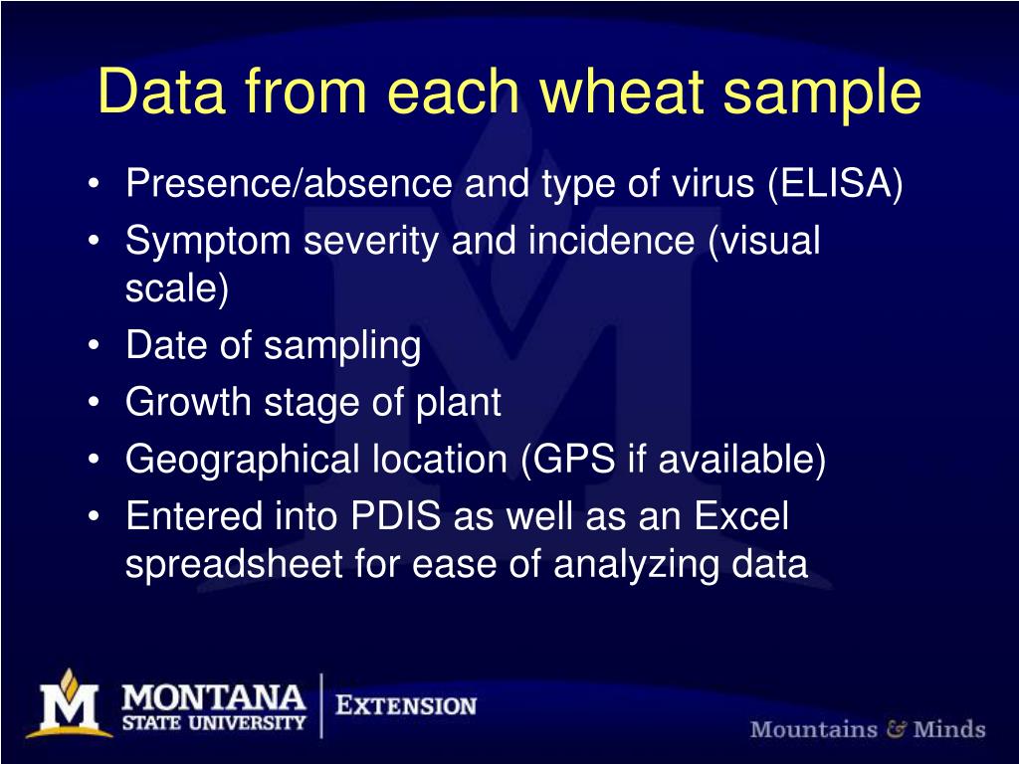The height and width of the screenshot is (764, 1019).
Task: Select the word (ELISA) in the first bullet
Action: pyautogui.click(x=834, y=184)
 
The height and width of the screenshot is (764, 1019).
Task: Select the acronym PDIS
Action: pyautogui.click(x=397, y=517)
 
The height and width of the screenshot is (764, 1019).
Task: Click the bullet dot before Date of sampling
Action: pyautogui.click(x=94, y=347)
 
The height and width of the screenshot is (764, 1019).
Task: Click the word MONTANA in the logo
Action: pyautogui.click(x=213, y=694)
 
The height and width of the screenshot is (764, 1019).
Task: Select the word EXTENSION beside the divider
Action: pyautogui.click(x=406, y=706)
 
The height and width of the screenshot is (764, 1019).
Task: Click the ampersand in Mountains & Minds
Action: pyautogui.click(x=896, y=729)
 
